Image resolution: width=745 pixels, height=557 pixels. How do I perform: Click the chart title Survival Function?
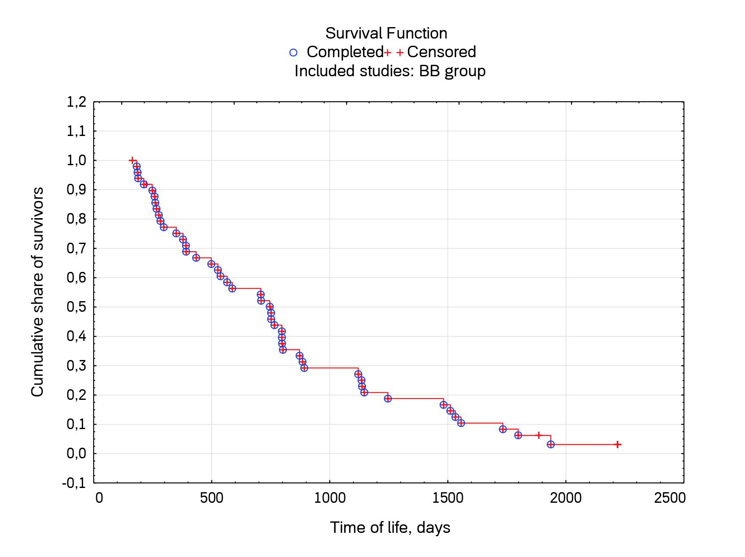[386, 33]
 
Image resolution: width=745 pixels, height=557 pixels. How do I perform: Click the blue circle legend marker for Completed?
[293, 53]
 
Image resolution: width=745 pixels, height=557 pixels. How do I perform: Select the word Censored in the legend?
[441, 52]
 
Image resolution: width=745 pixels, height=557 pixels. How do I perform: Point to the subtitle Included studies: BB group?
[390, 71]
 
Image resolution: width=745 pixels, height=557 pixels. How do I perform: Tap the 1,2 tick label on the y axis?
[76, 102]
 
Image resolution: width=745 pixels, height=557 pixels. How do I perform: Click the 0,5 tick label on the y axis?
[76, 307]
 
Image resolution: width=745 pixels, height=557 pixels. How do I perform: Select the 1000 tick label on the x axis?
[330, 498]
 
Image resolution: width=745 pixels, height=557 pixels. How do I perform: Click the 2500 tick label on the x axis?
[670, 498]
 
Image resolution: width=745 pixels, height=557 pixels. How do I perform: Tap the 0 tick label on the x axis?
[99, 498]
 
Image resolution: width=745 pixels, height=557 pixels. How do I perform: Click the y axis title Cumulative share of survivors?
[38, 292]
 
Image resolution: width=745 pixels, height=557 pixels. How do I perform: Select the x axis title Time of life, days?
[390, 528]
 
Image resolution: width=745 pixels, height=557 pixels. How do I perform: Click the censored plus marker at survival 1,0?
[132, 161]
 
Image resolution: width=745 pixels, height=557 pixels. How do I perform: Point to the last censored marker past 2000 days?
[618, 444]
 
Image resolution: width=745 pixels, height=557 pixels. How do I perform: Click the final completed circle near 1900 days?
[550, 444]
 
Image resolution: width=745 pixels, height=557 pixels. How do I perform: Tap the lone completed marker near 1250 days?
[388, 399]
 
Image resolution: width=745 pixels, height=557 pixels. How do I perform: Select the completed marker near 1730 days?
[502, 429]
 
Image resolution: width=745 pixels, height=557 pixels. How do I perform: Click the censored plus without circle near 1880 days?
[538, 435]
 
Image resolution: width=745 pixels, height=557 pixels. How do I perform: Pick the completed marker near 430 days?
[196, 258]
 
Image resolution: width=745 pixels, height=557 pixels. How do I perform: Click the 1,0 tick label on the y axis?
[76, 161]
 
